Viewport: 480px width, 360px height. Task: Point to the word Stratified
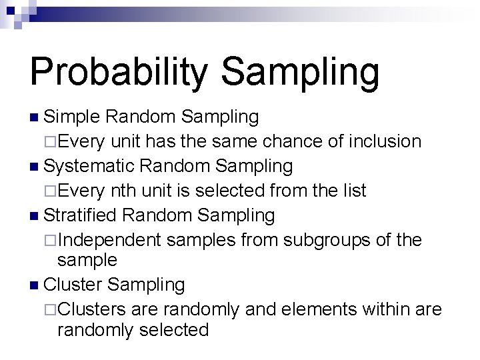(x=81, y=215)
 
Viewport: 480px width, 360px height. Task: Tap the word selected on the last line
(x=175, y=329)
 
